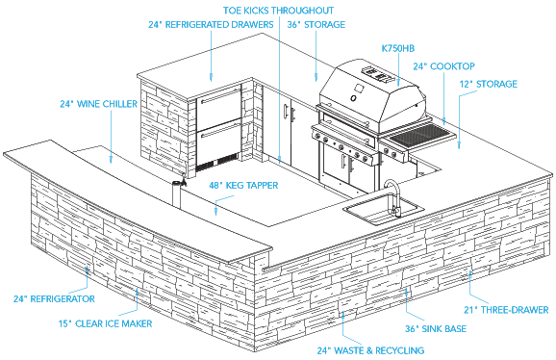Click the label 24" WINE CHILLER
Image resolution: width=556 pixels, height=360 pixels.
coord(98,104)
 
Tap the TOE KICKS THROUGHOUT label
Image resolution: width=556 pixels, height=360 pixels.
coord(278,11)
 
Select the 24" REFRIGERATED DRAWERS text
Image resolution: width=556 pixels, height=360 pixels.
coord(211,24)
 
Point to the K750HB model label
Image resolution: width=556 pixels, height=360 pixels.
coord(398,48)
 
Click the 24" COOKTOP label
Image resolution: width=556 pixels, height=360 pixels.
coord(444,66)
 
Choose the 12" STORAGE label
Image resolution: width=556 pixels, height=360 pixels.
coord(489,84)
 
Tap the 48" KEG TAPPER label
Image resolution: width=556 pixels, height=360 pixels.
coord(243,185)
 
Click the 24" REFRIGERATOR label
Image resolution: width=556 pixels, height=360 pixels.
coord(54,298)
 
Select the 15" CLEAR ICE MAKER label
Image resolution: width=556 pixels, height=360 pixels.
coord(105,323)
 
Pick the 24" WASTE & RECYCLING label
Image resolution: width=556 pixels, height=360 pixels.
coord(370,350)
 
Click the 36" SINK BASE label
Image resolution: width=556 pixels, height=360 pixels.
coord(436,329)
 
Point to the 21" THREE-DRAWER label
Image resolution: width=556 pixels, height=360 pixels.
coord(506,310)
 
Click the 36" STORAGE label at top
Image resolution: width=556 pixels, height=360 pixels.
coord(316,24)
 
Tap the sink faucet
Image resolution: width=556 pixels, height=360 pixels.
coord(393,197)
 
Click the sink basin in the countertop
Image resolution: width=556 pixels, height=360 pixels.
coord(384,210)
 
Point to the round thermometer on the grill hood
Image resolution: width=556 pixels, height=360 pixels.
coord(353,98)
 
